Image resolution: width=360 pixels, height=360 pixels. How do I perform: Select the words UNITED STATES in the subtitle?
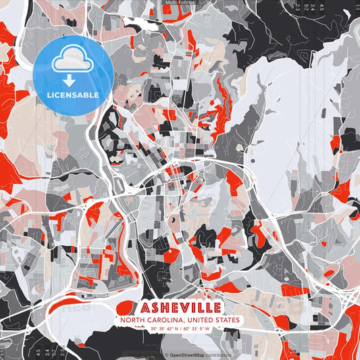point(209,319)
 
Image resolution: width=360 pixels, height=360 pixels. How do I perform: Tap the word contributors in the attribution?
point(220,355)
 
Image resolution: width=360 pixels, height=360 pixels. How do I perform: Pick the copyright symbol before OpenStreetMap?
point(166,355)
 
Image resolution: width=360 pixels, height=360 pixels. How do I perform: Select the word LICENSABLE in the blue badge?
point(72,95)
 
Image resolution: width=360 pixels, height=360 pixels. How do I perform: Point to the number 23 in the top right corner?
point(297,8)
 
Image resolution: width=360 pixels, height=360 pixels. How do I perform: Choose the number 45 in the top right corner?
point(322,8)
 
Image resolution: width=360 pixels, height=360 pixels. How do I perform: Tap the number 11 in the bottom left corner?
point(3,353)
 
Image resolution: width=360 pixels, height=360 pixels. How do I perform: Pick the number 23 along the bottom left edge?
point(62,352)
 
